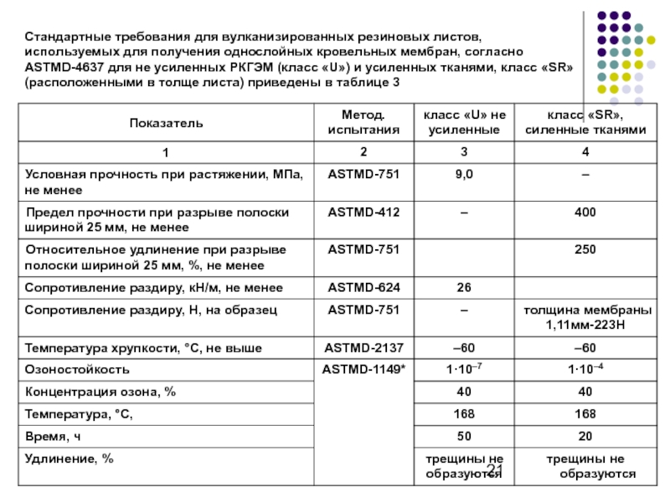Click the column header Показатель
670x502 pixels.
[166, 123]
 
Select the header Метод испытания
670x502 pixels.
[363, 123]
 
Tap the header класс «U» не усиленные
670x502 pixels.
[463, 123]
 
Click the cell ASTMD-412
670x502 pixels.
[363, 213]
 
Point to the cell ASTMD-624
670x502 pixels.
[363, 288]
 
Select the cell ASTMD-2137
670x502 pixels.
[363, 347]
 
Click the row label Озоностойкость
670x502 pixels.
[77, 369]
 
